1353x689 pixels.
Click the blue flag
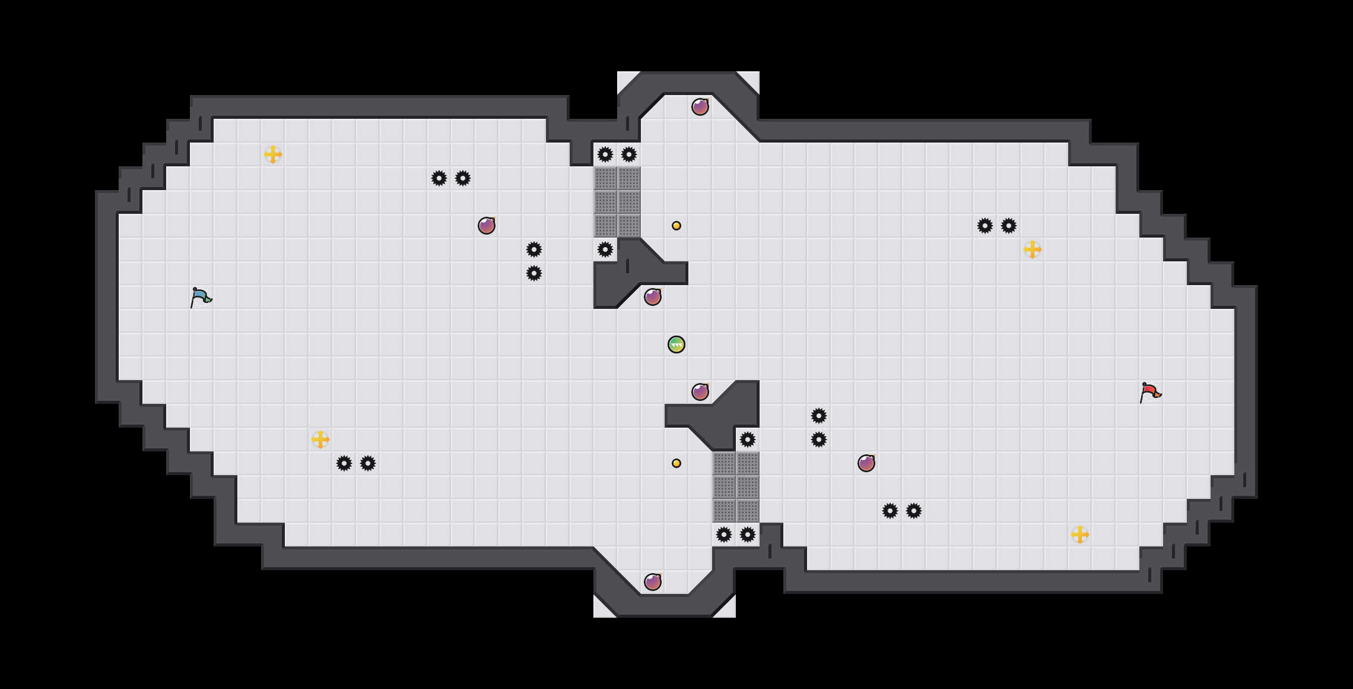point(201,297)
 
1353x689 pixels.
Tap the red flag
point(1150,392)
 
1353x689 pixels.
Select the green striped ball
point(676,344)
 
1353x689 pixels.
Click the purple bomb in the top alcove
point(700,107)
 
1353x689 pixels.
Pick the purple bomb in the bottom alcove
point(653,582)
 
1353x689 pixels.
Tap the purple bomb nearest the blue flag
point(487,226)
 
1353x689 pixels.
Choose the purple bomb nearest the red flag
point(866,463)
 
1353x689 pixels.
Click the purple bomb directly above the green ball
point(653,297)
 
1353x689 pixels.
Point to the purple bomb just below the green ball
point(700,392)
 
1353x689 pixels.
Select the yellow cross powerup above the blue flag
point(273,154)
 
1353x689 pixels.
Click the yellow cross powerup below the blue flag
point(320,440)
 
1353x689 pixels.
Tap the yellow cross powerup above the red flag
point(1033,249)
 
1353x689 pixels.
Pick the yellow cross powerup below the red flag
point(1080,535)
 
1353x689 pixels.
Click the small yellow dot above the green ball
point(676,226)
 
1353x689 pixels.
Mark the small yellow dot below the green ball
point(676,463)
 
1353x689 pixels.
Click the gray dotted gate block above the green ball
point(617,202)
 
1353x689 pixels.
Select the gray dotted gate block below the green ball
point(736,487)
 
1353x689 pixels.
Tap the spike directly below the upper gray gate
point(605,249)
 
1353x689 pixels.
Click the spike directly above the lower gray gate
point(748,440)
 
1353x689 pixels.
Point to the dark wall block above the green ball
point(629,273)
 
